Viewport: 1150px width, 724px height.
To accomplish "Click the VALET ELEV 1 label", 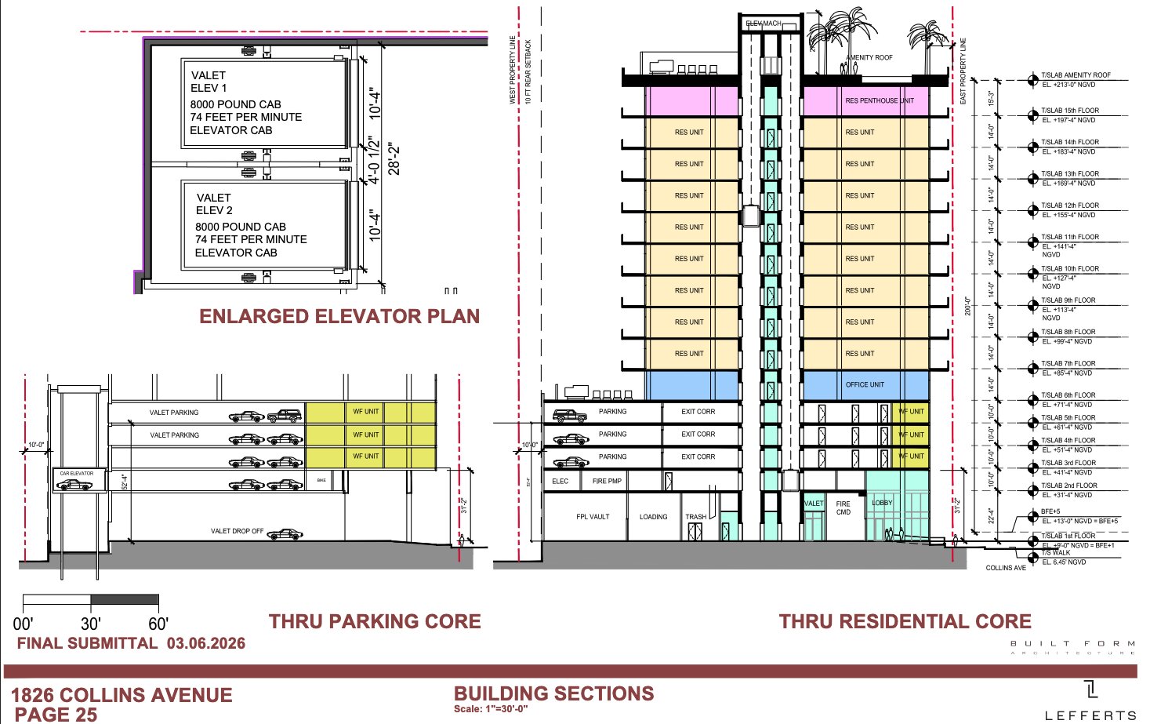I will pyautogui.click(x=209, y=82).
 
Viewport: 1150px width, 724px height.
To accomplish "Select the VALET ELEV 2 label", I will pyautogui.click(x=214, y=204).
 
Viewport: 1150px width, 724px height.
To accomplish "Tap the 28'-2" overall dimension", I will pyautogui.click(x=394, y=158).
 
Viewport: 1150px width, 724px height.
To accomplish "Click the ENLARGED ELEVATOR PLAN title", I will pyautogui.click(x=339, y=316).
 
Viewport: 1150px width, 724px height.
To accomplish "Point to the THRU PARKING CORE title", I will pyautogui.click(x=375, y=621).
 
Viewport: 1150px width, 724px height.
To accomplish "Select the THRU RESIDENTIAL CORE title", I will pyautogui.click(x=905, y=621).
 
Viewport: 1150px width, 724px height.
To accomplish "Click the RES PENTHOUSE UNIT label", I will pyautogui.click(x=879, y=100).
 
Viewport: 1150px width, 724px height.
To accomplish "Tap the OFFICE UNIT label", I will pyautogui.click(x=864, y=384).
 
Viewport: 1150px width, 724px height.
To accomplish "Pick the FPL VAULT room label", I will pyautogui.click(x=593, y=517).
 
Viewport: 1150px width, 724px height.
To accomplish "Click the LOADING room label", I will pyautogui.click(x=653, y=517).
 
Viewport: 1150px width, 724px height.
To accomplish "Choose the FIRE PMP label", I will pyautogui.click(x=607, y=481).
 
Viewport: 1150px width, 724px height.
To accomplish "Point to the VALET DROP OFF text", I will pyautogui.click(x=237, y=531).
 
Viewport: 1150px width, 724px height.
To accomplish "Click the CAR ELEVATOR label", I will pyautogui.click(x=76, y=474).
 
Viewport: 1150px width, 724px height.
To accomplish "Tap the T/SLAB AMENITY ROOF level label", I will pyautogui.click(x=1076, y=75).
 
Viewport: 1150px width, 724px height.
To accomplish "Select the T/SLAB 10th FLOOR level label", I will pyautogui.click(x=1070, y=269).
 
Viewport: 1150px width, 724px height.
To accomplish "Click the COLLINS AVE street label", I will pyautogui.click(x=1006, y=568).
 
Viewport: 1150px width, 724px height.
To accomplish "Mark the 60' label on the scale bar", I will pyautogui.click(x=158, y=624).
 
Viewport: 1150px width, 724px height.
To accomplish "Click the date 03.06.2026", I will pyautogui.click(x=205, y=643).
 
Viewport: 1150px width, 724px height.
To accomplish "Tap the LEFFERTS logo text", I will pyautogui.click(x=1090, y=715).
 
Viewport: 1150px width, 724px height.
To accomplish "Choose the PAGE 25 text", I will pyautogui.click(x=56, y=714).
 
